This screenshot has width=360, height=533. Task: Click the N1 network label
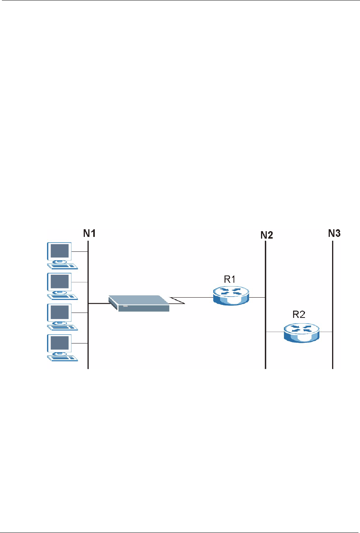coord(89,233)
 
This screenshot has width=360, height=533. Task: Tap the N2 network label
coord(267,235)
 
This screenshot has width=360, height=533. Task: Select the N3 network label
coord(334,233)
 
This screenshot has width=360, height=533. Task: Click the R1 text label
coord(230,280)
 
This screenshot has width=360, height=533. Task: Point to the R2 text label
coord(299,314)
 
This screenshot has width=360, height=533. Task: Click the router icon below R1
coord(231,296)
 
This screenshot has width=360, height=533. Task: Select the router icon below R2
coord(302,332)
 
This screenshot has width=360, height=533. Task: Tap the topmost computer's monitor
coord(59,251)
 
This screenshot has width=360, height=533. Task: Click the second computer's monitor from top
coord(59,282)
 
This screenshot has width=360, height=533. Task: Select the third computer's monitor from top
coord(59,313)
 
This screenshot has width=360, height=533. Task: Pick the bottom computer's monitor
coord(59,343)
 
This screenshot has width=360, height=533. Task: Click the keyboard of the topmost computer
coord(62,266)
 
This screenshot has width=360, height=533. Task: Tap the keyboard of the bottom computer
coord(62,358)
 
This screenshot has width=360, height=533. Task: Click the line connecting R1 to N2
coord(257,297)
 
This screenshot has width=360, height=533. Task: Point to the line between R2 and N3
coord(326,332)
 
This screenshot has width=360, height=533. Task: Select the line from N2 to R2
coord(275,332)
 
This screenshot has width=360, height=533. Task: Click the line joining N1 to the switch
coord(98,303)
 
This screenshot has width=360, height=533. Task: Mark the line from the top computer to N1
coord(80,251)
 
